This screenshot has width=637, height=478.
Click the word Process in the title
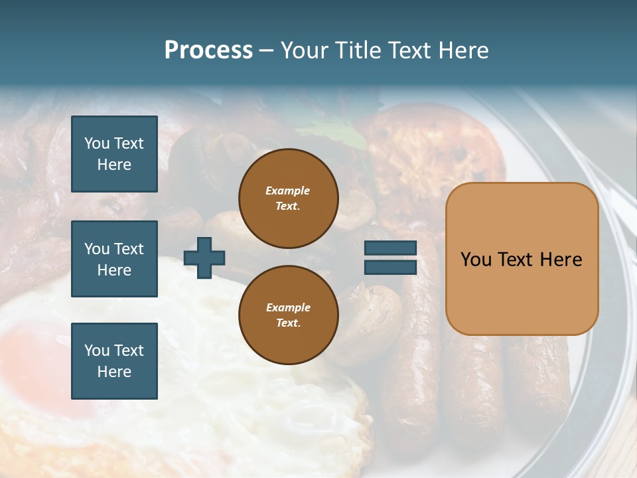click(208, 50)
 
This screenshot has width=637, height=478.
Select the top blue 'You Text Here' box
click(114, 154)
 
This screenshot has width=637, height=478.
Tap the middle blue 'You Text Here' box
click(114, 259)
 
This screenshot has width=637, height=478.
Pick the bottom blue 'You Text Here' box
click(114, 361)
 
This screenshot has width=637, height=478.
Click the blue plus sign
click(204, 258)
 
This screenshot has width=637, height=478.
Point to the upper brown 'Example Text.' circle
click(288, 199)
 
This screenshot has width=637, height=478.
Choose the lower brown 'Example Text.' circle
click(288, 315)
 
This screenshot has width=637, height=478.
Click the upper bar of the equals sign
click(390, 248)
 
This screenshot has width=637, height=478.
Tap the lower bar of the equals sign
click(390, 267)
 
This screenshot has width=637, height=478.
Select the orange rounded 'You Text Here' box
click(522, 259)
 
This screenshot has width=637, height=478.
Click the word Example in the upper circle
click(288, 191)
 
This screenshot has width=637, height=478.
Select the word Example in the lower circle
click(288, 307)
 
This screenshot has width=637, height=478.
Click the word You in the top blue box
click(97, 143)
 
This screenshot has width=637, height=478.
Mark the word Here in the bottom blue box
click(114, 372)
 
